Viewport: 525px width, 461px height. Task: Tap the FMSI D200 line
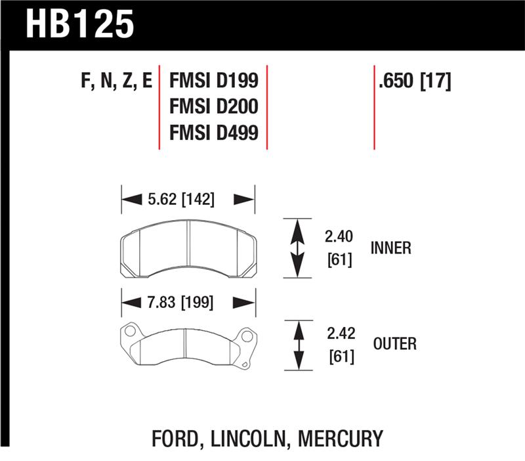214,106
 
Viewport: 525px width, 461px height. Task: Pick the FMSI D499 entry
214,133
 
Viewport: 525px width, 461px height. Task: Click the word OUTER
394,343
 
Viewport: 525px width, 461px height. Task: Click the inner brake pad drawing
188,248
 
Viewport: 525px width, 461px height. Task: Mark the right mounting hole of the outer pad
247,337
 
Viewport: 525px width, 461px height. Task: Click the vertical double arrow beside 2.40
297,248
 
